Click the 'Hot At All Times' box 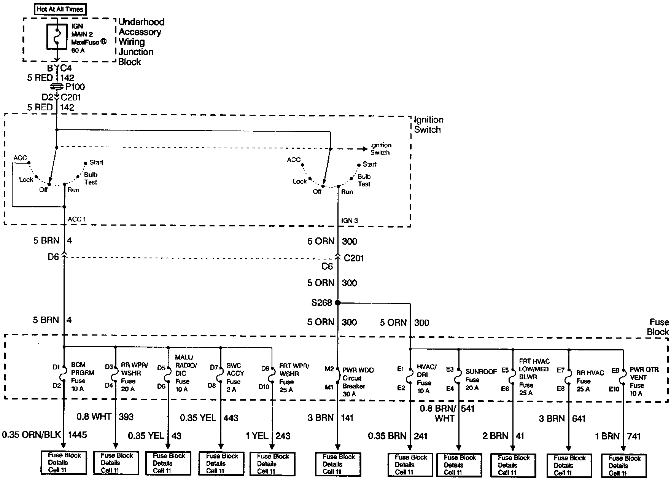60,9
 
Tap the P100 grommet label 75,87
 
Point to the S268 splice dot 338,303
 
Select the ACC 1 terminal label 77,219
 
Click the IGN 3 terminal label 349,221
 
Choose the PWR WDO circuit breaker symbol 338,378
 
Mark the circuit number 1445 77,434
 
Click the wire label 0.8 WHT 94,417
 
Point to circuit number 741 634,436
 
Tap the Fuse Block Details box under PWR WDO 338,464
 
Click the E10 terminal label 614,389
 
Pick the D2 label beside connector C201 47,97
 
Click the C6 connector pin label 327,267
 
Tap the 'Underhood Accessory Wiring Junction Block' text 141,42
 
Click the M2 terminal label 329,369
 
